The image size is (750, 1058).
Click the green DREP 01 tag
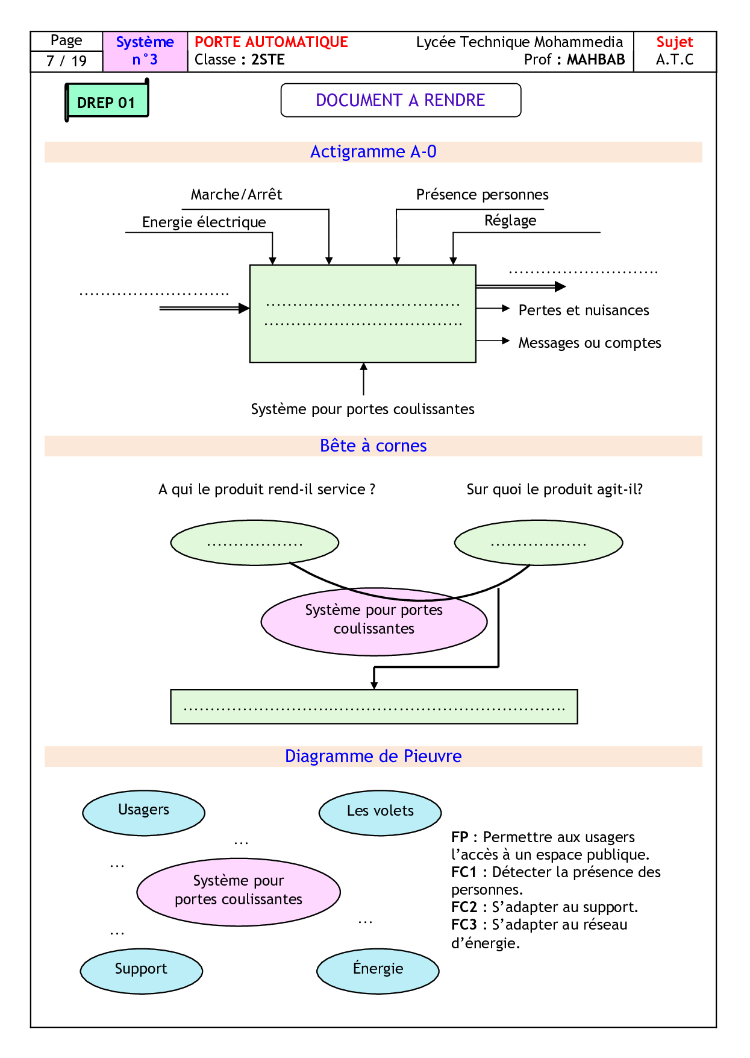(x=107, y=101)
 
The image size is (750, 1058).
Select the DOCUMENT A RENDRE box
(x=401, y=100)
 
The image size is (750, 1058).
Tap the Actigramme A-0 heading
(x=373, y=152)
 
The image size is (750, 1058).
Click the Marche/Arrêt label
(x=236, y=195)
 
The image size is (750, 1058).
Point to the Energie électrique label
(x=204, y=222)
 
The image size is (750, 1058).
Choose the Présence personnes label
(x=482, y=195)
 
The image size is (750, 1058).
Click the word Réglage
(x=510, y=221)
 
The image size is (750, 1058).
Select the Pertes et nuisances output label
(x=583, y=310)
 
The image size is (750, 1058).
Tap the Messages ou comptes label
(x=589, y=343)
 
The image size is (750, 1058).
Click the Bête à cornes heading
(x=373, y=446)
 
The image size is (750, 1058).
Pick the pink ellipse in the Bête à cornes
(x=373, y=622)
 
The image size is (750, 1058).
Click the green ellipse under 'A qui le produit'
(x=255, y=543)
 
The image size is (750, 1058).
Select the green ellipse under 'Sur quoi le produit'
(x=539, y=543)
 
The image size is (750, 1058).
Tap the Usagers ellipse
(x=143, y=812)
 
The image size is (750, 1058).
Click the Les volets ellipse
(x=380, y=812)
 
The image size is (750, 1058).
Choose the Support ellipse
(x=141, y=970)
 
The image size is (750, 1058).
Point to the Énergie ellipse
(x=378, y=970)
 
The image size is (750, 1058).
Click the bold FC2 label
(x=464, y=907)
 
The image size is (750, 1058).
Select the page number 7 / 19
(x=66, y=61)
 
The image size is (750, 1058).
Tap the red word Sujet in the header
(x=674, y=42)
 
